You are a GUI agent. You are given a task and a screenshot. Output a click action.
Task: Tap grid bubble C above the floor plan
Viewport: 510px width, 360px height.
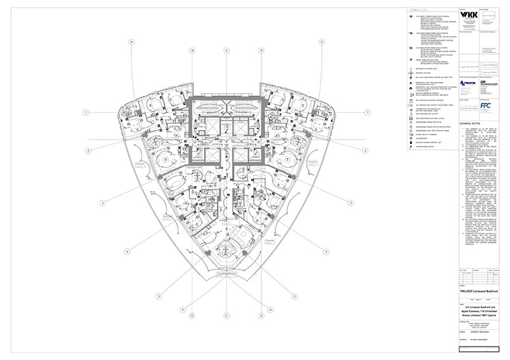pos(226,50)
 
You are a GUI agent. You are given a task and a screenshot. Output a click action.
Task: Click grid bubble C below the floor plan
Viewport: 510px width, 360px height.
pos(226,319)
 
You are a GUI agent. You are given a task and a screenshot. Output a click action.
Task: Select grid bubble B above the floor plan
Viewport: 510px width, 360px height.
pos(190,50)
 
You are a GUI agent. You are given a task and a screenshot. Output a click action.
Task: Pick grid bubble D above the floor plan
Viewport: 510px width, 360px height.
pos(261,50)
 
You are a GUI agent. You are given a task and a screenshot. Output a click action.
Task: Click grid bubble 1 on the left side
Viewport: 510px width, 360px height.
pos(85,112)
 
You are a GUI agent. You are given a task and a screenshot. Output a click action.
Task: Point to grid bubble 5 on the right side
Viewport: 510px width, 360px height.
pos(294,296)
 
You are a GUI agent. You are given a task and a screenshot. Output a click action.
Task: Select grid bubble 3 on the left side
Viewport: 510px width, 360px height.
pos(101,203)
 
